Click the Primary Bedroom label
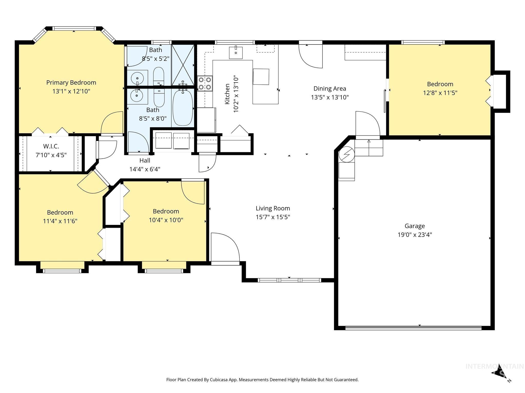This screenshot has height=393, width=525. click(x=71, y=83)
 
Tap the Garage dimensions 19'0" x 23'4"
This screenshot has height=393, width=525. click(x=415, y=235)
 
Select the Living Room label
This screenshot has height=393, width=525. click(x=273, y=208)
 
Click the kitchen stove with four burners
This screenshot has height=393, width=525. click(x=205, y=83)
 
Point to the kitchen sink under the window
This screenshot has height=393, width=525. click(x=236, y=53)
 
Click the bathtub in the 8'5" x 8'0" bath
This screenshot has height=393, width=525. click(x=183, y=107)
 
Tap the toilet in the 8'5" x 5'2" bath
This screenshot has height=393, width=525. click(x=158, y=76)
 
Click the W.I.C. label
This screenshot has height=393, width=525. click(x=51, y=146)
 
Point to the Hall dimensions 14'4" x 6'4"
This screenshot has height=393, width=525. click(x=145, y=169)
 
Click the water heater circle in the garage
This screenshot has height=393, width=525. click(x=346, y=155)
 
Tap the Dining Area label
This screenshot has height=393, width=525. click(x=330, y=89)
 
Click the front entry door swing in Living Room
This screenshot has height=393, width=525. click(x=225, y=247)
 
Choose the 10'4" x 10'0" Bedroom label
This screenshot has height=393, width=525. click(x=166, y=211)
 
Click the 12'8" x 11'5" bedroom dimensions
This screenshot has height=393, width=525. click(x=440, y=93)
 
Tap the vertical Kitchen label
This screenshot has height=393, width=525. click(x=227, y=94)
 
